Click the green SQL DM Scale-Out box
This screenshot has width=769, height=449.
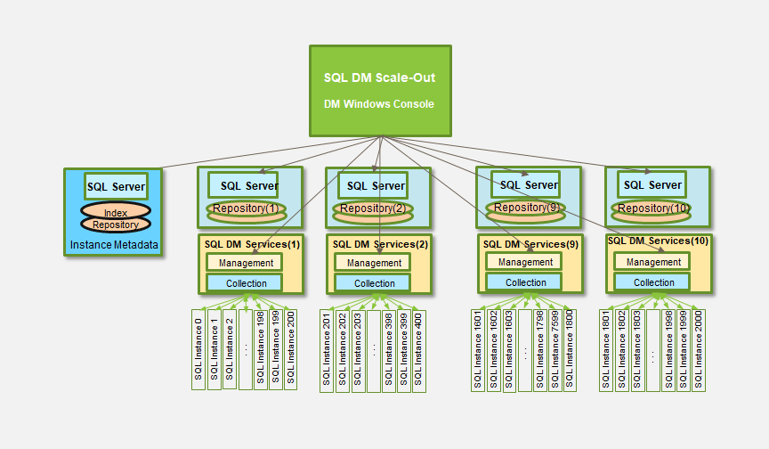(380, 91)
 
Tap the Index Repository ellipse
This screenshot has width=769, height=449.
(116, 218)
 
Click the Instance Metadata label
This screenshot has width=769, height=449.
(115, 244)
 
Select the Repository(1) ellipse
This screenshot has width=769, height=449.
(247, 209)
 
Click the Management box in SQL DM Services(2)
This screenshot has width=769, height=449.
(375, 263)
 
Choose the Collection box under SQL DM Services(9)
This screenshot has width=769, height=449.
(526, 282)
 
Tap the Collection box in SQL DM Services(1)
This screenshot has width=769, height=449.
(246, 283)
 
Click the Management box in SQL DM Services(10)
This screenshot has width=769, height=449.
(654, 262)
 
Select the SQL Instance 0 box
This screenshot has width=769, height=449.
(198, 349)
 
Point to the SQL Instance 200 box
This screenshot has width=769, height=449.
(291, 349)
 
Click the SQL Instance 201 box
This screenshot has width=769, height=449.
(327, 349)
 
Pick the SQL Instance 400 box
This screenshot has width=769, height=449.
(419, 349)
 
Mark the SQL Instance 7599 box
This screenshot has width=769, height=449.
(555, 349)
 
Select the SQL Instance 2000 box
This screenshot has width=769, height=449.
(699, 349)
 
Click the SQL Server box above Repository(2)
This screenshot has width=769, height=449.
(375, 185)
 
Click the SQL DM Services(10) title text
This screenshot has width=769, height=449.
(658, 241)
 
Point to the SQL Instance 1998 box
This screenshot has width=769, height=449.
(668, 349)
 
